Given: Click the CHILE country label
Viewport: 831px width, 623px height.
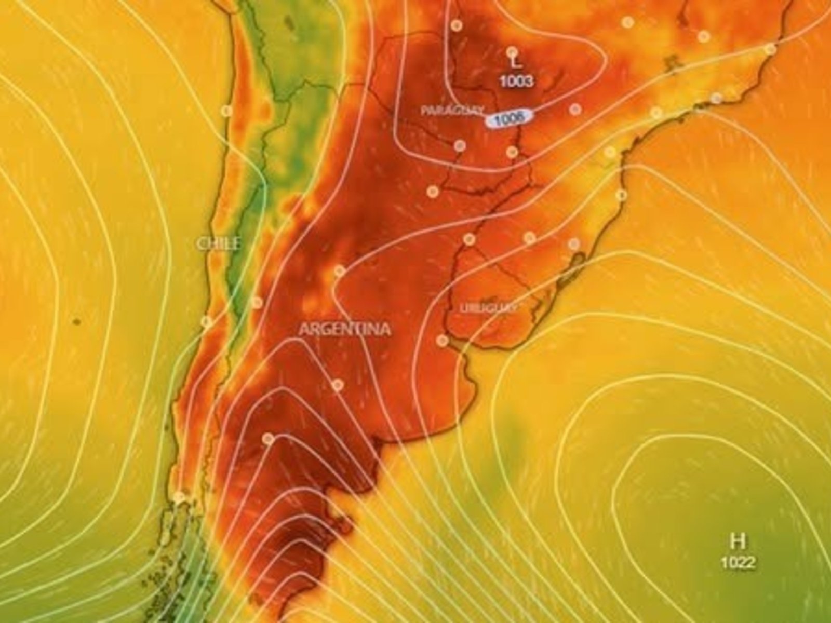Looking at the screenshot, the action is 219,243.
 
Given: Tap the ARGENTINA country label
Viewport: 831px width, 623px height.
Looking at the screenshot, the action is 344,329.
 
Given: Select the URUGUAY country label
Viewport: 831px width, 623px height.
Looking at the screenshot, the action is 488,307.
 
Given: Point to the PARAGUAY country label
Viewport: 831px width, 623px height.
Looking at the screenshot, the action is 452,111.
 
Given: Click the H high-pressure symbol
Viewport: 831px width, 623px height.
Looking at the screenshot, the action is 736,541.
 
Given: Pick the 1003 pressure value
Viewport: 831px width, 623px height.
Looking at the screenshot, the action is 516,81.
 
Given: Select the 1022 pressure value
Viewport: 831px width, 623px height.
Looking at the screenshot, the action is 738,562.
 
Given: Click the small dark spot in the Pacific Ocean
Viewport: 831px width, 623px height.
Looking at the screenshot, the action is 76,322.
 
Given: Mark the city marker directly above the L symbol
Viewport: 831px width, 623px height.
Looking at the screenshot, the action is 512,51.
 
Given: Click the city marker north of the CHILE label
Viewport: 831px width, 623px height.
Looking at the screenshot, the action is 226,111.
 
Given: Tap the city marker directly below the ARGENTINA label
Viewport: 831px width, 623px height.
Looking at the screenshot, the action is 338,385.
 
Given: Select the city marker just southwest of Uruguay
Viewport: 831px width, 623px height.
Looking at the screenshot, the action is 443,341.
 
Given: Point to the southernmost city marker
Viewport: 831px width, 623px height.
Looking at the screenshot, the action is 179,497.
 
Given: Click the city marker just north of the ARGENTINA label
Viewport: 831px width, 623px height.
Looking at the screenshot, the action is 340,270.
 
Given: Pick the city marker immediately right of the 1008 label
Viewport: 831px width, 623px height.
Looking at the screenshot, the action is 574,109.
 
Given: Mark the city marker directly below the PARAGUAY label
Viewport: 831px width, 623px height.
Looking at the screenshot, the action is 459,146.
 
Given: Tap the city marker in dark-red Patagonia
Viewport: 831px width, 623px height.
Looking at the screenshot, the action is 268,439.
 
